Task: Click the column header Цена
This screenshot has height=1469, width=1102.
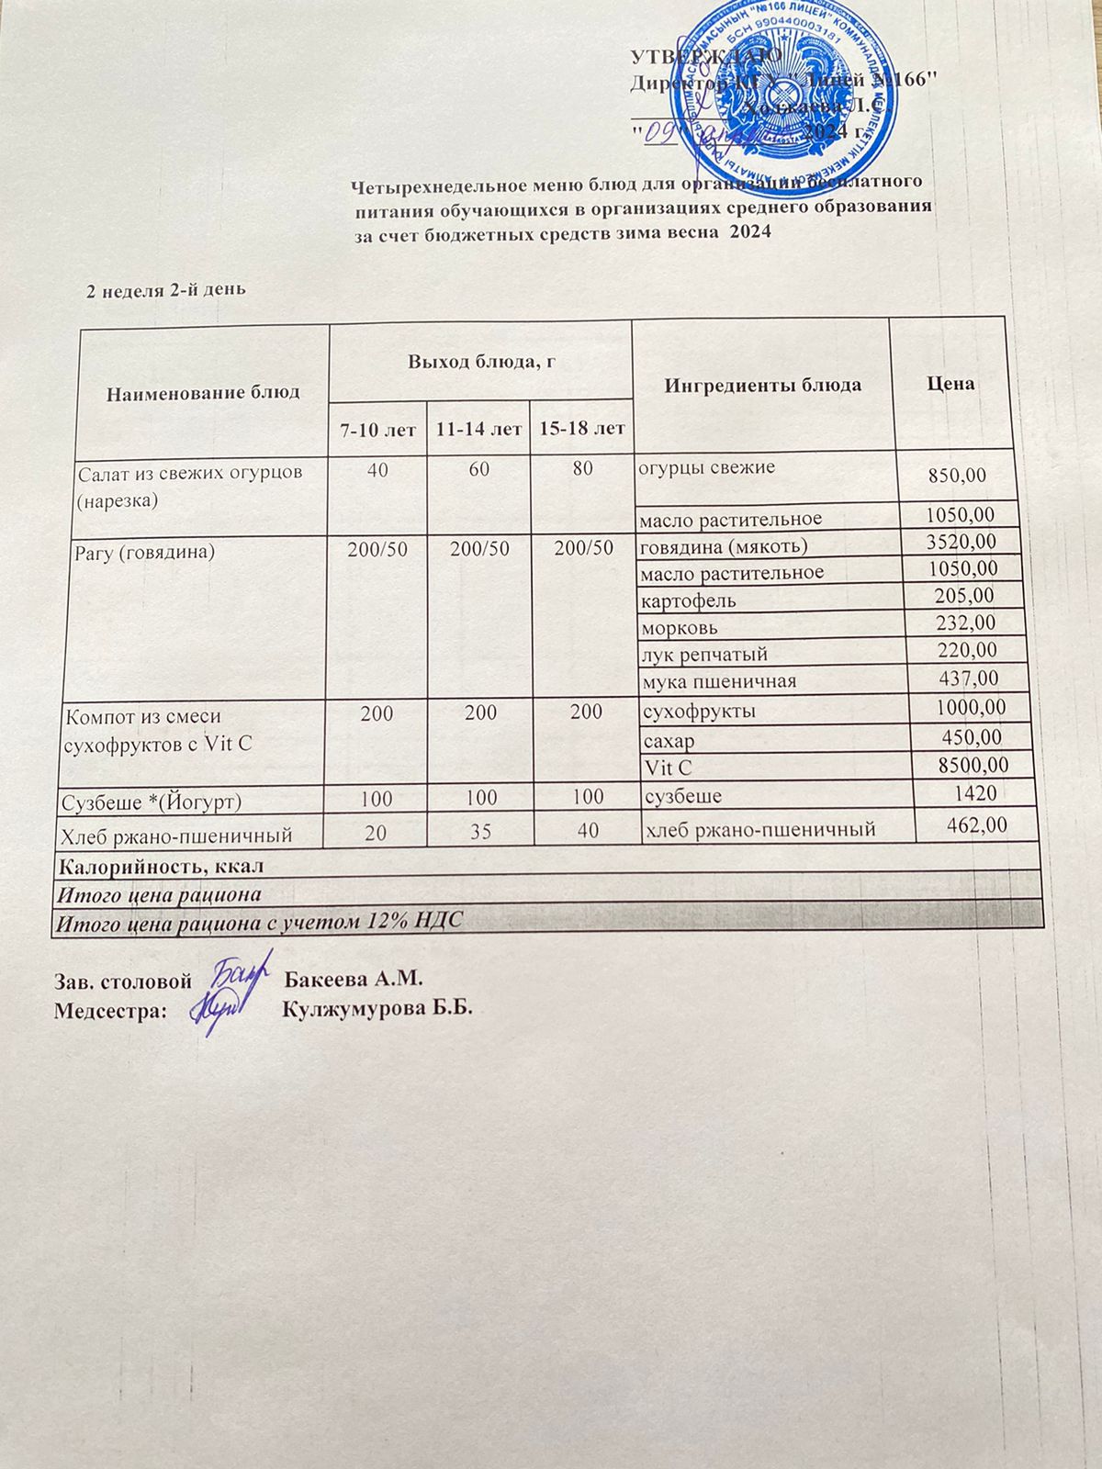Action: pos(950,384)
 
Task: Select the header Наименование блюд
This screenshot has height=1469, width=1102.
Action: pos(203,393)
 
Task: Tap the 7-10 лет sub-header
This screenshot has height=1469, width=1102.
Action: pos(377,429)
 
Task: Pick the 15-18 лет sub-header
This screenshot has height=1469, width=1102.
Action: pos(582,428)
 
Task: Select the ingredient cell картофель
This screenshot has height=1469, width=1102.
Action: pos(689,601)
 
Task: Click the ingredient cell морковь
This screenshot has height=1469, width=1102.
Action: pos(680,629)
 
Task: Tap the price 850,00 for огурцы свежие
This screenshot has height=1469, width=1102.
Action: pos(956,476)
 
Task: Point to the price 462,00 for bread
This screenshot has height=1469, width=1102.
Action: pos(976,825)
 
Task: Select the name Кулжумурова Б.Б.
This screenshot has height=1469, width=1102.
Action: pos(377,1009)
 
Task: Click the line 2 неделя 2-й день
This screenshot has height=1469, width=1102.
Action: pos(165,290)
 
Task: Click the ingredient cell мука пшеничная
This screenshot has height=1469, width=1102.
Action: pos(719,681)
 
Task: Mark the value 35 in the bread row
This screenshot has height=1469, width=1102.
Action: pos(480,833)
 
